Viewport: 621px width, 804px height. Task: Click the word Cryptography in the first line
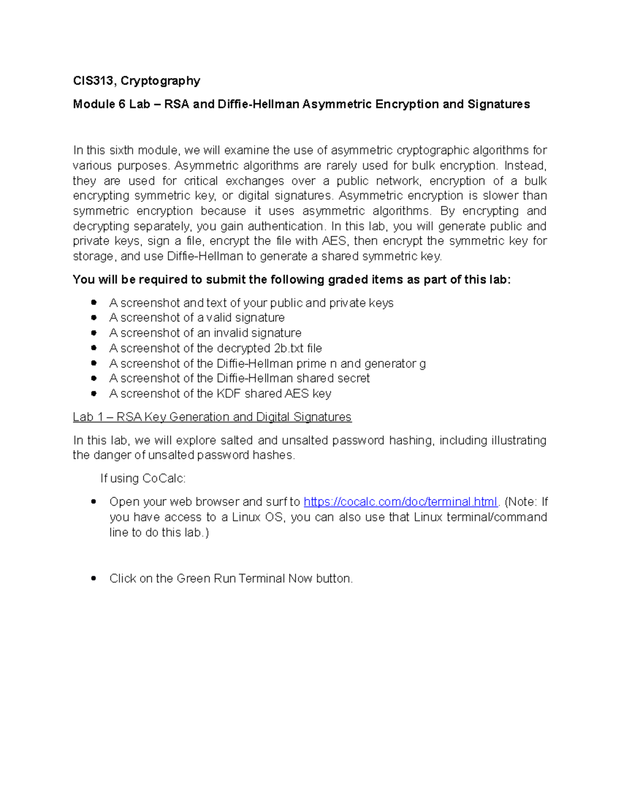[x=160, y=81]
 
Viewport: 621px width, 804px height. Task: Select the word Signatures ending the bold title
[x=498, y=105]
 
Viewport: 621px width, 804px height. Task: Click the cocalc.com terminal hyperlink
[x=400, y=502]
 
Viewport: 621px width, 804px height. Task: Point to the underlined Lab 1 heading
[x=212, y=417]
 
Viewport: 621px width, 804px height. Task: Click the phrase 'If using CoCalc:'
[x=143, y=478]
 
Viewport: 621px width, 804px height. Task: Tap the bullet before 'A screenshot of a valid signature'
[x=94, y=317]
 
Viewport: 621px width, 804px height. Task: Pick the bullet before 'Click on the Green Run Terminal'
[x=94, y=578]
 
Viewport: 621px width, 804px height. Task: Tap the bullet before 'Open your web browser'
[x=94, y=502]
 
